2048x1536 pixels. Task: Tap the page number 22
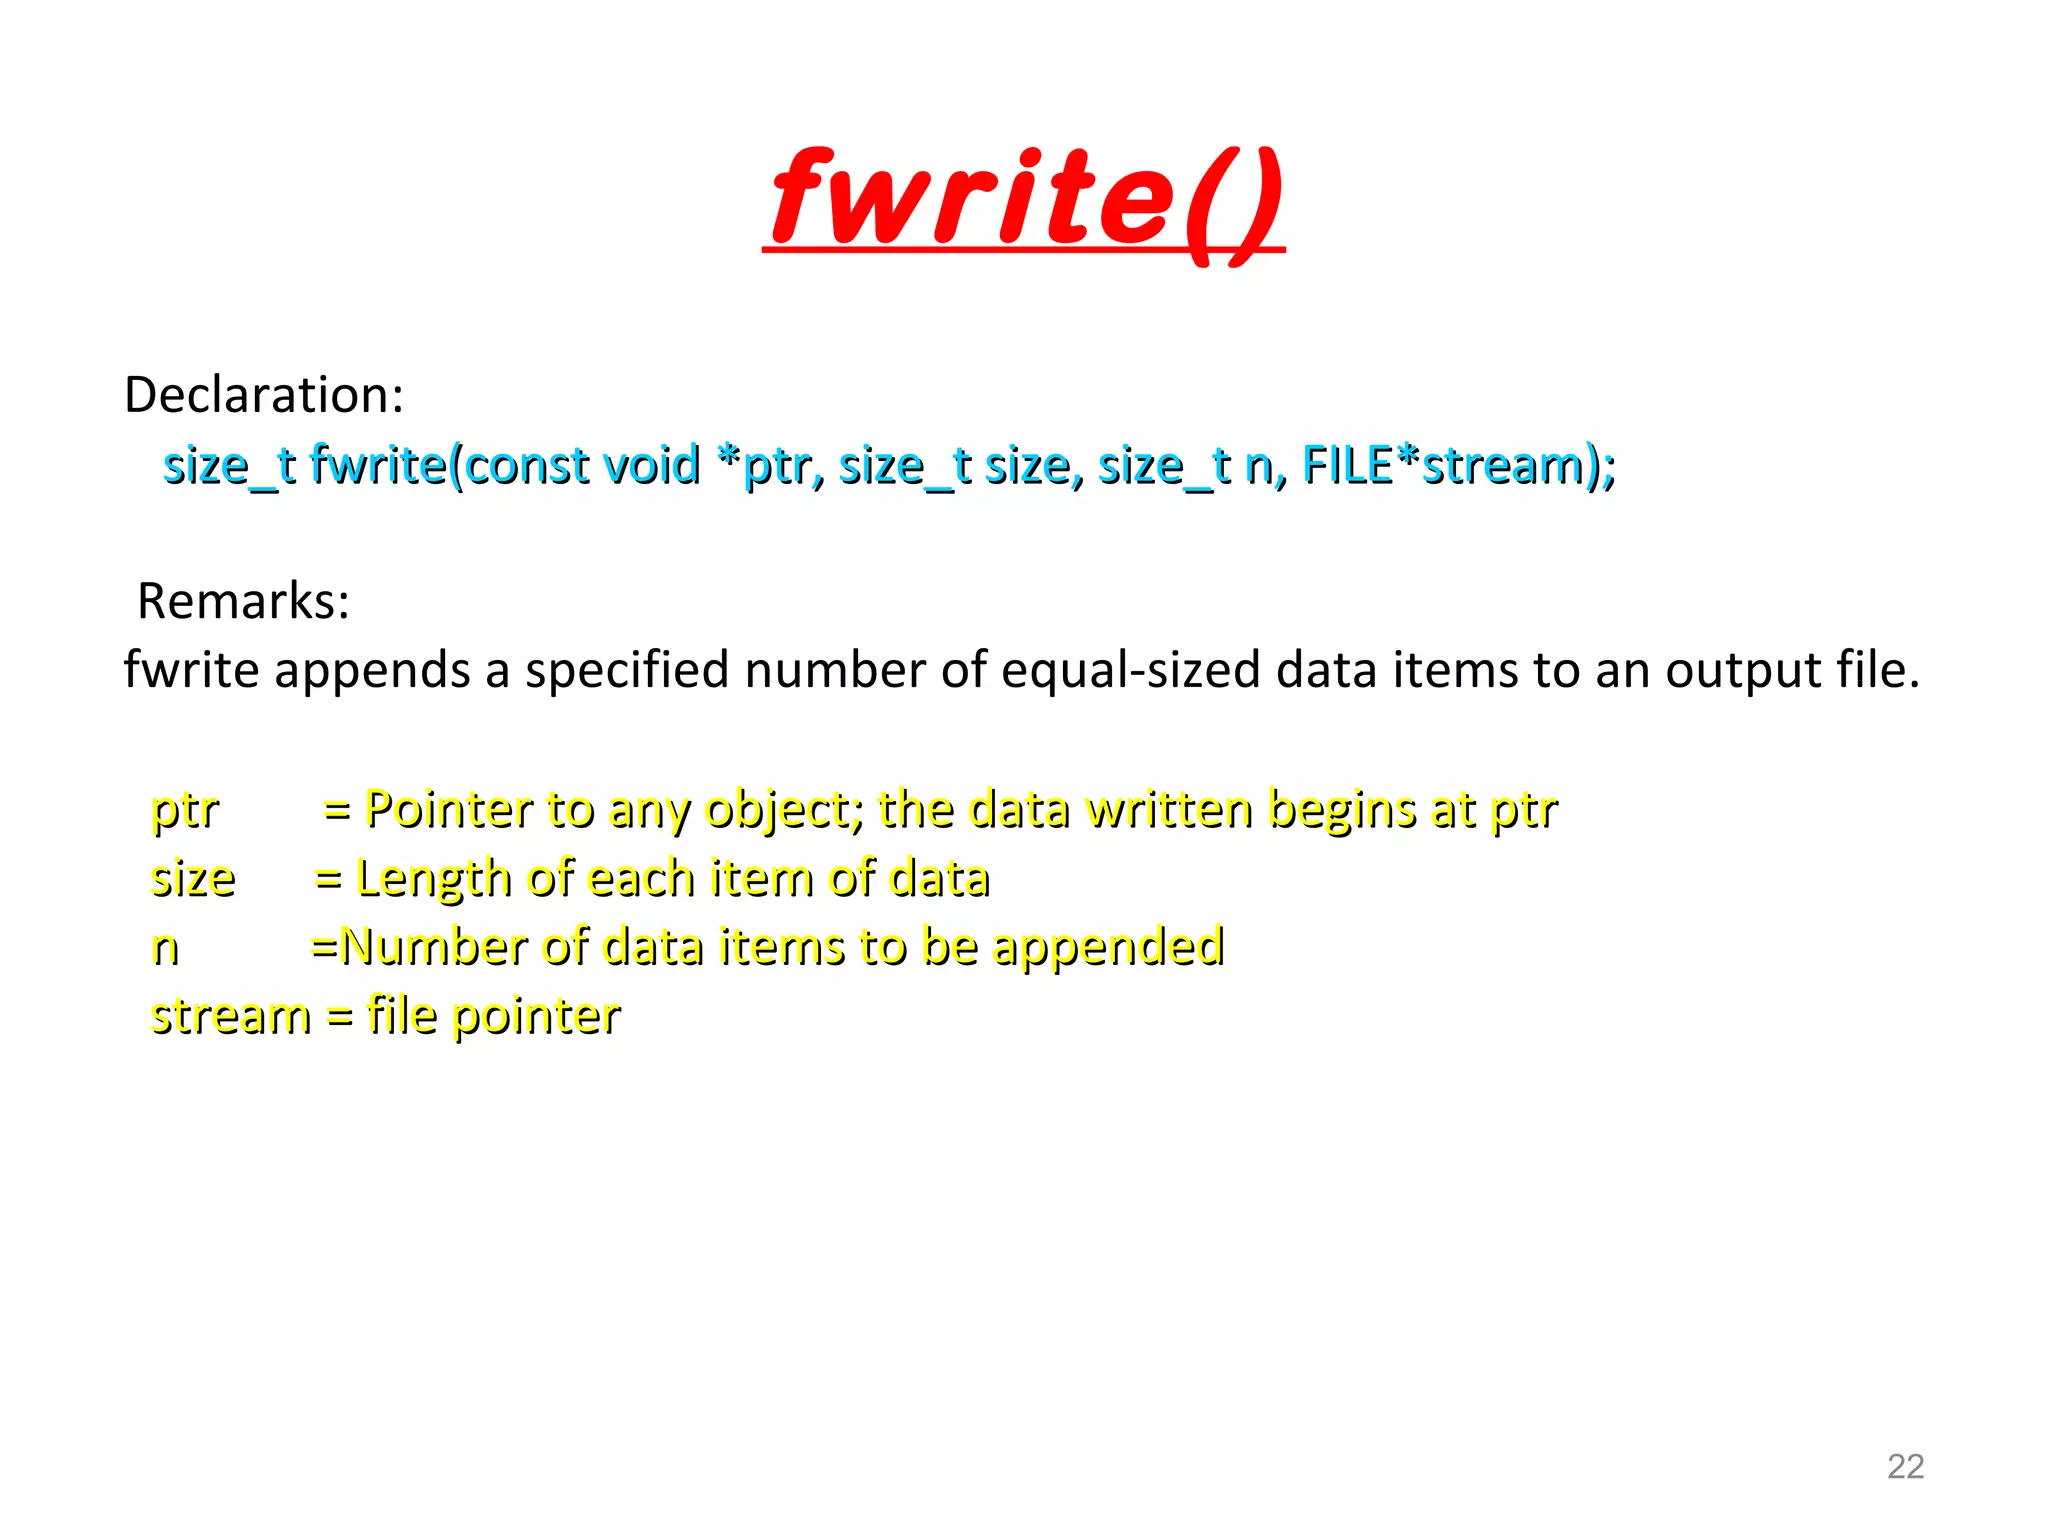[1905, 1466]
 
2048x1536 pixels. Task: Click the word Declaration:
[264, 395]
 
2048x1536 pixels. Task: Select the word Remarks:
[244, 602]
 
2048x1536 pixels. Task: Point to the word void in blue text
[650, 465]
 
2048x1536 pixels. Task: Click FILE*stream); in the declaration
[1458, 465]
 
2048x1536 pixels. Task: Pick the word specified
[627, 671]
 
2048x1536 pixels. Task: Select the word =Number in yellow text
[419, 946]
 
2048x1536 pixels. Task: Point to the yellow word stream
[230, 1016]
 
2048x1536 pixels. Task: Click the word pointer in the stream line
[536, 1017]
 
